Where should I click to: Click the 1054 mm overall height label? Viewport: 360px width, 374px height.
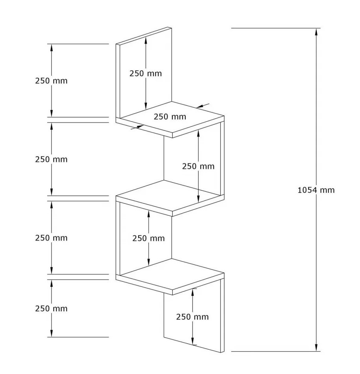coord(316,190)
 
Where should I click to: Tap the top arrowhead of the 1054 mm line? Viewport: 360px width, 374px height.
coord(316,32)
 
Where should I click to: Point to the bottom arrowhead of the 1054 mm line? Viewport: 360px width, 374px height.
coord(316,348)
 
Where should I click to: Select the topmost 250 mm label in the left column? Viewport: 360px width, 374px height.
coord(51,81)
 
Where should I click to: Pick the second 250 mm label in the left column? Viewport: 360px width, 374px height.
coord(51,159)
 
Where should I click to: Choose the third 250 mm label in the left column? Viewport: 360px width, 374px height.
coord(51,238)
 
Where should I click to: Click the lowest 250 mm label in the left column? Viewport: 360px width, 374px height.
coord(51,308)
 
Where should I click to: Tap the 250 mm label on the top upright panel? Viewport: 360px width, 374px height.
coord(146,73)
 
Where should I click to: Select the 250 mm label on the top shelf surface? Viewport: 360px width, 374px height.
coord(170,117)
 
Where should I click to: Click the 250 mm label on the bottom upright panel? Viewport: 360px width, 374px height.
coord(192,317)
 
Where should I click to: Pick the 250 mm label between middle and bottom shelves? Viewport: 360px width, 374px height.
coord(148,238)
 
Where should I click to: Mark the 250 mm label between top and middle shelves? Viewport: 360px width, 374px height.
coord(198,166)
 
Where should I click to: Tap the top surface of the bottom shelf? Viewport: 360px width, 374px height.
coord(170,274)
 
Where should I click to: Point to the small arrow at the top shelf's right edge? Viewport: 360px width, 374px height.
coord(203,105)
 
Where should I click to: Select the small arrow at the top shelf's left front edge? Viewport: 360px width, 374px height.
coord(137,127)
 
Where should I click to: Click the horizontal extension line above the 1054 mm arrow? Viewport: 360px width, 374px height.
coord(276,28)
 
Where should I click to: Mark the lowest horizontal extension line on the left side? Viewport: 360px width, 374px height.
coord(78,337)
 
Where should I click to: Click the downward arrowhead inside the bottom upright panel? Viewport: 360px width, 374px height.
coord(192,341)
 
